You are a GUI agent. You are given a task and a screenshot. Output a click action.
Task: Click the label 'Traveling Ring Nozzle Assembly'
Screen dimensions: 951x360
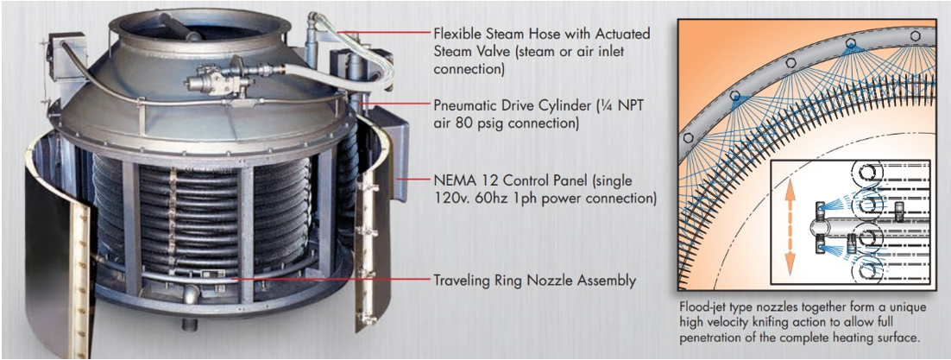click(535, 281)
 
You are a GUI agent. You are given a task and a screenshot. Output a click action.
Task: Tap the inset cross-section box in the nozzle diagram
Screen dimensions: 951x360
click(849, 222)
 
